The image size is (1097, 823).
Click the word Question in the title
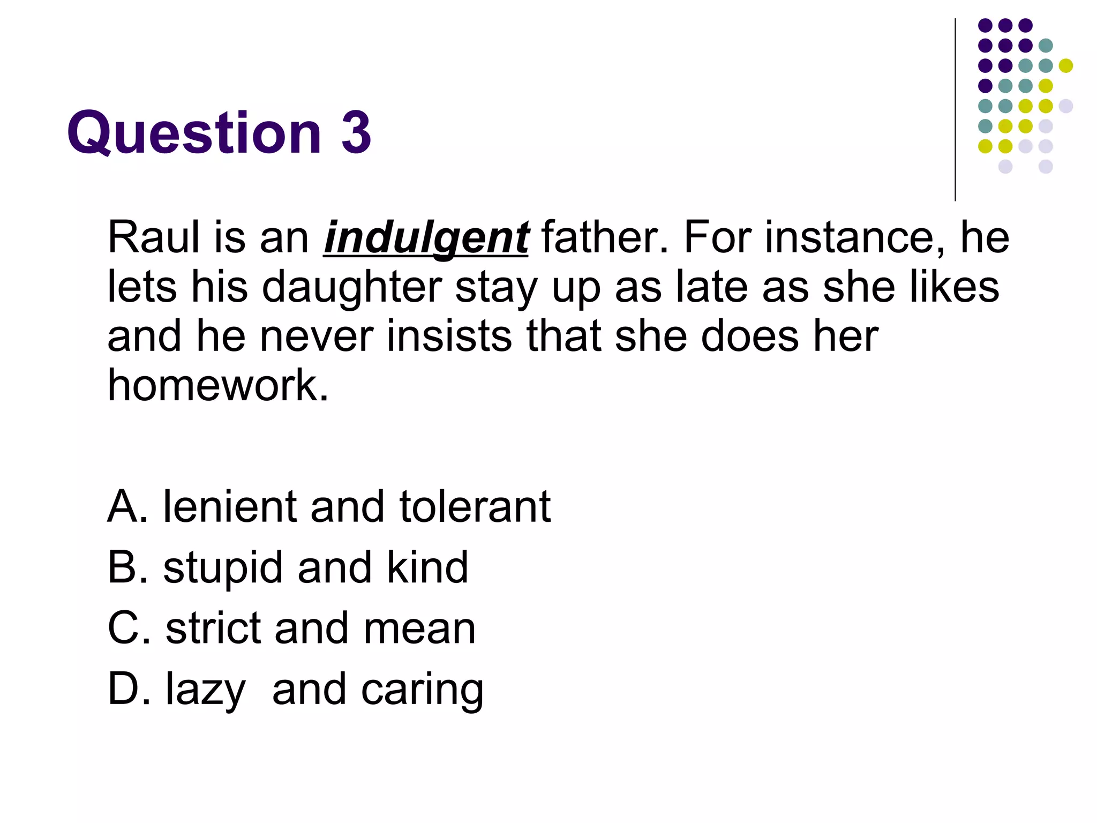pyautogui.click(x=194, y=132)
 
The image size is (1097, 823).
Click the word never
pyautogui.click(x=317, y=336)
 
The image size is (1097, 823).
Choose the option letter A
pyautogui.click(x=127, y=506)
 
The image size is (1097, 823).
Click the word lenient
pyautogui.click(x=229, y=506)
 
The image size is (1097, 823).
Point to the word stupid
pyautogui.click(x=223, y=568)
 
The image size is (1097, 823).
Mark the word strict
pyautogui.click(x=213, y=628)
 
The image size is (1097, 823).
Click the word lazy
pyautogui.click(x=205, y=690)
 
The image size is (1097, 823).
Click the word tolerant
pyautogui.click(x=475, y=506)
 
